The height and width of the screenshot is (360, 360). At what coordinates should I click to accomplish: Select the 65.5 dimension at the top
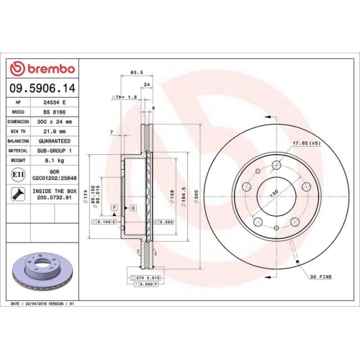point(135,73)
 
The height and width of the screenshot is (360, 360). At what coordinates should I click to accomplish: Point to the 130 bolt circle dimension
point(274,193)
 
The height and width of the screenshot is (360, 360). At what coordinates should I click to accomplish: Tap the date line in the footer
point(45,304)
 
